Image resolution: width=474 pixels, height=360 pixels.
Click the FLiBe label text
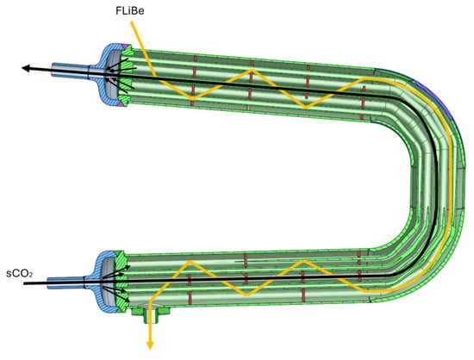click(x=129, y=11)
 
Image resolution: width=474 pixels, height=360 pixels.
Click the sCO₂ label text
click(x=20, y=274)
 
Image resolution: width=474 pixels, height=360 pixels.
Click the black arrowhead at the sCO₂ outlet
click(x=26, y=68)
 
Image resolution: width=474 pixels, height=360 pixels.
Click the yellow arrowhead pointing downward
click(x=150, y=344)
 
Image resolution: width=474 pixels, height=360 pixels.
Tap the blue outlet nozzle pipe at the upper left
click(x=70, y=71)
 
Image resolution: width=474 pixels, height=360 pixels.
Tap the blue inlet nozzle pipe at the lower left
click(x=65, y=282)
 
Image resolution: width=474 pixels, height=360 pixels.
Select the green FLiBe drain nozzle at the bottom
click(x=151, y=314)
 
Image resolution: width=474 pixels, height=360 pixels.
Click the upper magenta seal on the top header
click(x=124, y=47)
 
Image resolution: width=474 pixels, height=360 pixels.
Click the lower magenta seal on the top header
click(x=122, y=104)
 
